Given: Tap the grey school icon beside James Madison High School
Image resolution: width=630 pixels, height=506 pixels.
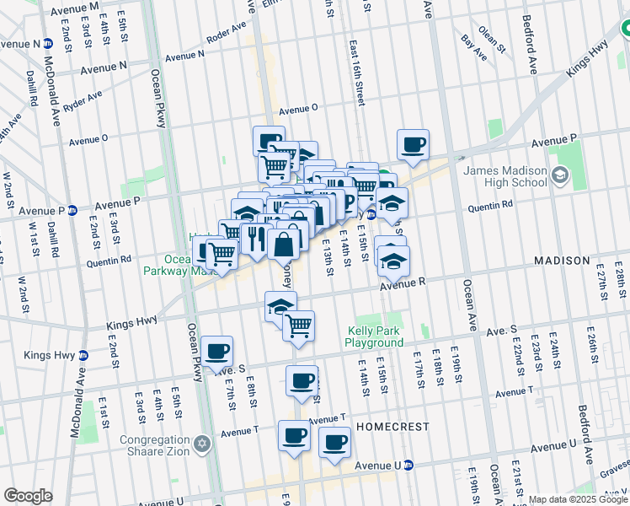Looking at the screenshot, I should [559, 177].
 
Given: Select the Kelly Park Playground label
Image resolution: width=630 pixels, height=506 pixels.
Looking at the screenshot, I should [373, 336].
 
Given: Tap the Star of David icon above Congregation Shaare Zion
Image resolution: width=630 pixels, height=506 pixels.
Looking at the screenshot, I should [201, 444].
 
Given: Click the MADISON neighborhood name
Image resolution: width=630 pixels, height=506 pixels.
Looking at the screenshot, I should [562, 261].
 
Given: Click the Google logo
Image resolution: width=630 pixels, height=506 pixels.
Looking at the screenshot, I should [28, 496].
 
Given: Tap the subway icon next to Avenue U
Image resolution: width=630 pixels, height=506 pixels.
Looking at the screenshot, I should [408, 465].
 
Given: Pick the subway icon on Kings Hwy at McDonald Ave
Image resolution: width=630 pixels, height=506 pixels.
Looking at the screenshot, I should [83, 355].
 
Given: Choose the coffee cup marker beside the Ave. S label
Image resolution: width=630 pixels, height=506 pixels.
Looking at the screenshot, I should [217, 350].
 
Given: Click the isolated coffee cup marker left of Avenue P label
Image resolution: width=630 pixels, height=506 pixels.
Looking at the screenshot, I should [413, 144].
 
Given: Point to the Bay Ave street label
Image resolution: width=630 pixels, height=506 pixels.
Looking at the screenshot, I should [473, 47].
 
